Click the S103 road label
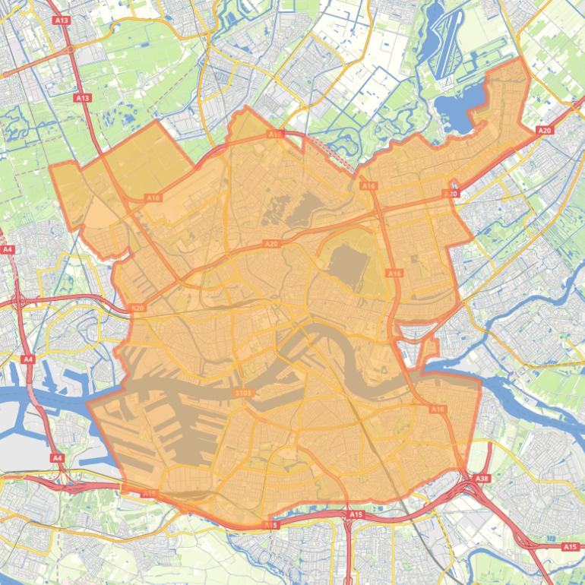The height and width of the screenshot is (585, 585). tap(243, 393)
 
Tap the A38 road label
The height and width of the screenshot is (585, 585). tap(482, 479)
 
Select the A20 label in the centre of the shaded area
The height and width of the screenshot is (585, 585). tap(271, 244)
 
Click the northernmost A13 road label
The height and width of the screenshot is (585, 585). tap(62, 20)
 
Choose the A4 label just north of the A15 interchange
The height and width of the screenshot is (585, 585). tap(57, 458)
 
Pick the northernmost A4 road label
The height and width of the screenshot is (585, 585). tap(8, 249)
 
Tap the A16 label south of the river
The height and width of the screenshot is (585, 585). tap(438, 409)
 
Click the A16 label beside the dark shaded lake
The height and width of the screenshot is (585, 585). tap(394, 273)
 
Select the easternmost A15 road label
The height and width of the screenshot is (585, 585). tap(570, 547)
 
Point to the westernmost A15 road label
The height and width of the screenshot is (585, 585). tap(149, 494)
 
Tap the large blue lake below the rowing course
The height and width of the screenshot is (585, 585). tap(458, 106)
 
